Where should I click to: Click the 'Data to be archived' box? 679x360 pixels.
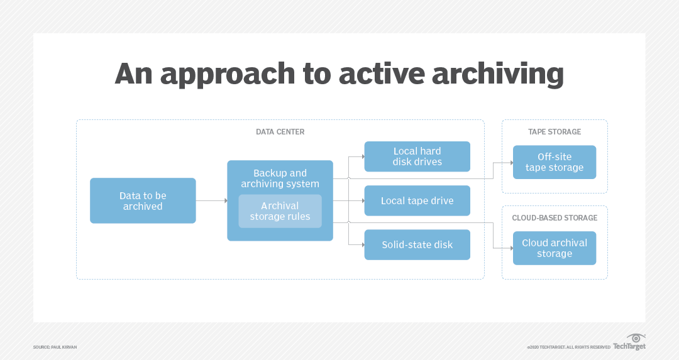(x=143, y=200)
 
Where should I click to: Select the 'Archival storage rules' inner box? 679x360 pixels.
(x=280, y=211)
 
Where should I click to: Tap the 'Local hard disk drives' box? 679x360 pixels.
(x=417, y=156)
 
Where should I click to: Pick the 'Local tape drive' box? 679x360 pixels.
(x=417, y=201)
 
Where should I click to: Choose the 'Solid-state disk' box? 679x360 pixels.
(x=417, y=244)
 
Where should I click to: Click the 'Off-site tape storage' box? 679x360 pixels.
(x=555, y=162)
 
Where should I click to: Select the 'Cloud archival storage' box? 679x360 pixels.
(x=555, y=248)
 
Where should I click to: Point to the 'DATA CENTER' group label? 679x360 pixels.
(x=280, y=132)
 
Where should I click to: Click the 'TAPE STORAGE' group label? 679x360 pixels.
(x=555, y=132)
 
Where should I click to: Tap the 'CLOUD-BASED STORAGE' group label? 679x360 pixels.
(x=555, y=218)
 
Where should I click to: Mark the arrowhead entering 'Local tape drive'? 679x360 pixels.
(x=362, y=201)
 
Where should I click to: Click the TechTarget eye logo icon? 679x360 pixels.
(x=636, y=338)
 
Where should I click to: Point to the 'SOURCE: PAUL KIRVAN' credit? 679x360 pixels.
(x=55, y=347)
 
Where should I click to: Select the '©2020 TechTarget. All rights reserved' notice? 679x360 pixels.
(x=568, y=347)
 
